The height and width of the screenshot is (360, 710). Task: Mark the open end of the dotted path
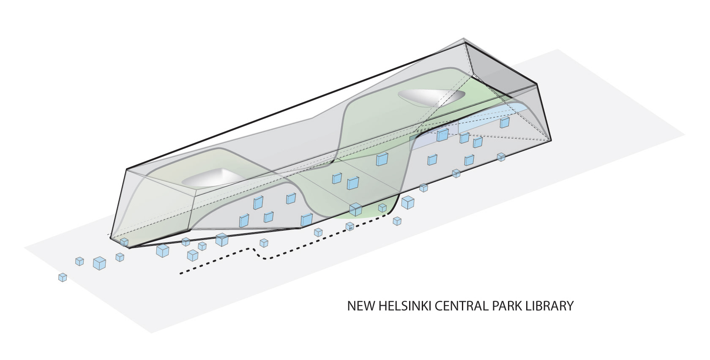[x=181, y=274]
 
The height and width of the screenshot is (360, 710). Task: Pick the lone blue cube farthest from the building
[x=63, y=278]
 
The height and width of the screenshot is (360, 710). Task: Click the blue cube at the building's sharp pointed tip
[x=124, y=242]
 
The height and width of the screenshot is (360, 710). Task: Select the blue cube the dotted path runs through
[x=350, y=226]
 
